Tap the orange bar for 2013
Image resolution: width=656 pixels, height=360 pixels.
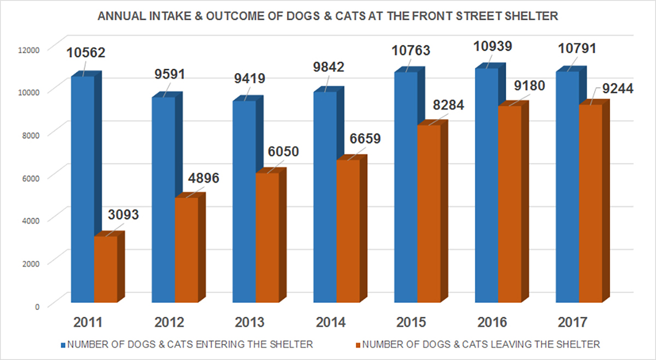(x=268, y=237)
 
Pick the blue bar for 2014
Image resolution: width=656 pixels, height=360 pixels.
(x=325, y=197)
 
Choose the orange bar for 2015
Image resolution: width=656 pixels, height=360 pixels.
(x=428, y=213)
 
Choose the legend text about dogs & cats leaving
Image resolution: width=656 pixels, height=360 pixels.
(x=482, y=345)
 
